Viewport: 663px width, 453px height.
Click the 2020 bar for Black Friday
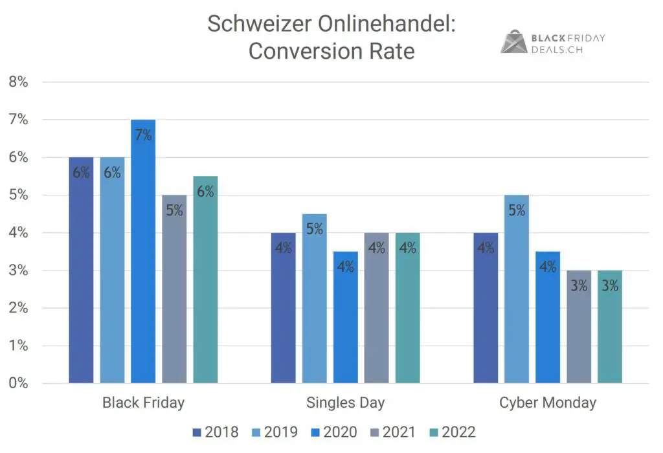pyautogui.click(x=143, y=259)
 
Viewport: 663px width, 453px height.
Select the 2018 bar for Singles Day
pyautogui.click(x=283, y=311)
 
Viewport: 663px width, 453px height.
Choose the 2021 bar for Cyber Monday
pyautogui.click(x=579, y=330)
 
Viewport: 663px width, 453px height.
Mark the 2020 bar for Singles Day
pyautogui.click(x=345, y=320)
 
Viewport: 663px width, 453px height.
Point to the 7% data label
pyautogui.click(x=143, y=135)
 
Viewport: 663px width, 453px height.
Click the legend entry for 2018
pyautogui.click(x=215, y=432)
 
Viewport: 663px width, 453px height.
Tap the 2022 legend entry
pyautogui.click(x=452, y=432)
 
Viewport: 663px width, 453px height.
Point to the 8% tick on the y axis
pyautogui.click(x=18, y=82)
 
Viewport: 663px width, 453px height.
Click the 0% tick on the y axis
pyautogui.click(x=18, y=383)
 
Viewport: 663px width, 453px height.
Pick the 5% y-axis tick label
pyautogui.click(x=18, y=195)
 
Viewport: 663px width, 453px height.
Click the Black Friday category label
pyautogui.click(x=143, y=403)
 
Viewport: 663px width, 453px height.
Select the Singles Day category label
pyautogui.click(x=345, y=403)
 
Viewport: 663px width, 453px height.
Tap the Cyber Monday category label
pyautogui.click(x=547, y=403)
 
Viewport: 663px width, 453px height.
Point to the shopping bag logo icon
pyautogui.click(x=513, y=41)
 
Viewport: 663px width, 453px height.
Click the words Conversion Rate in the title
pyautogui.click(x=331, y=51)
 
